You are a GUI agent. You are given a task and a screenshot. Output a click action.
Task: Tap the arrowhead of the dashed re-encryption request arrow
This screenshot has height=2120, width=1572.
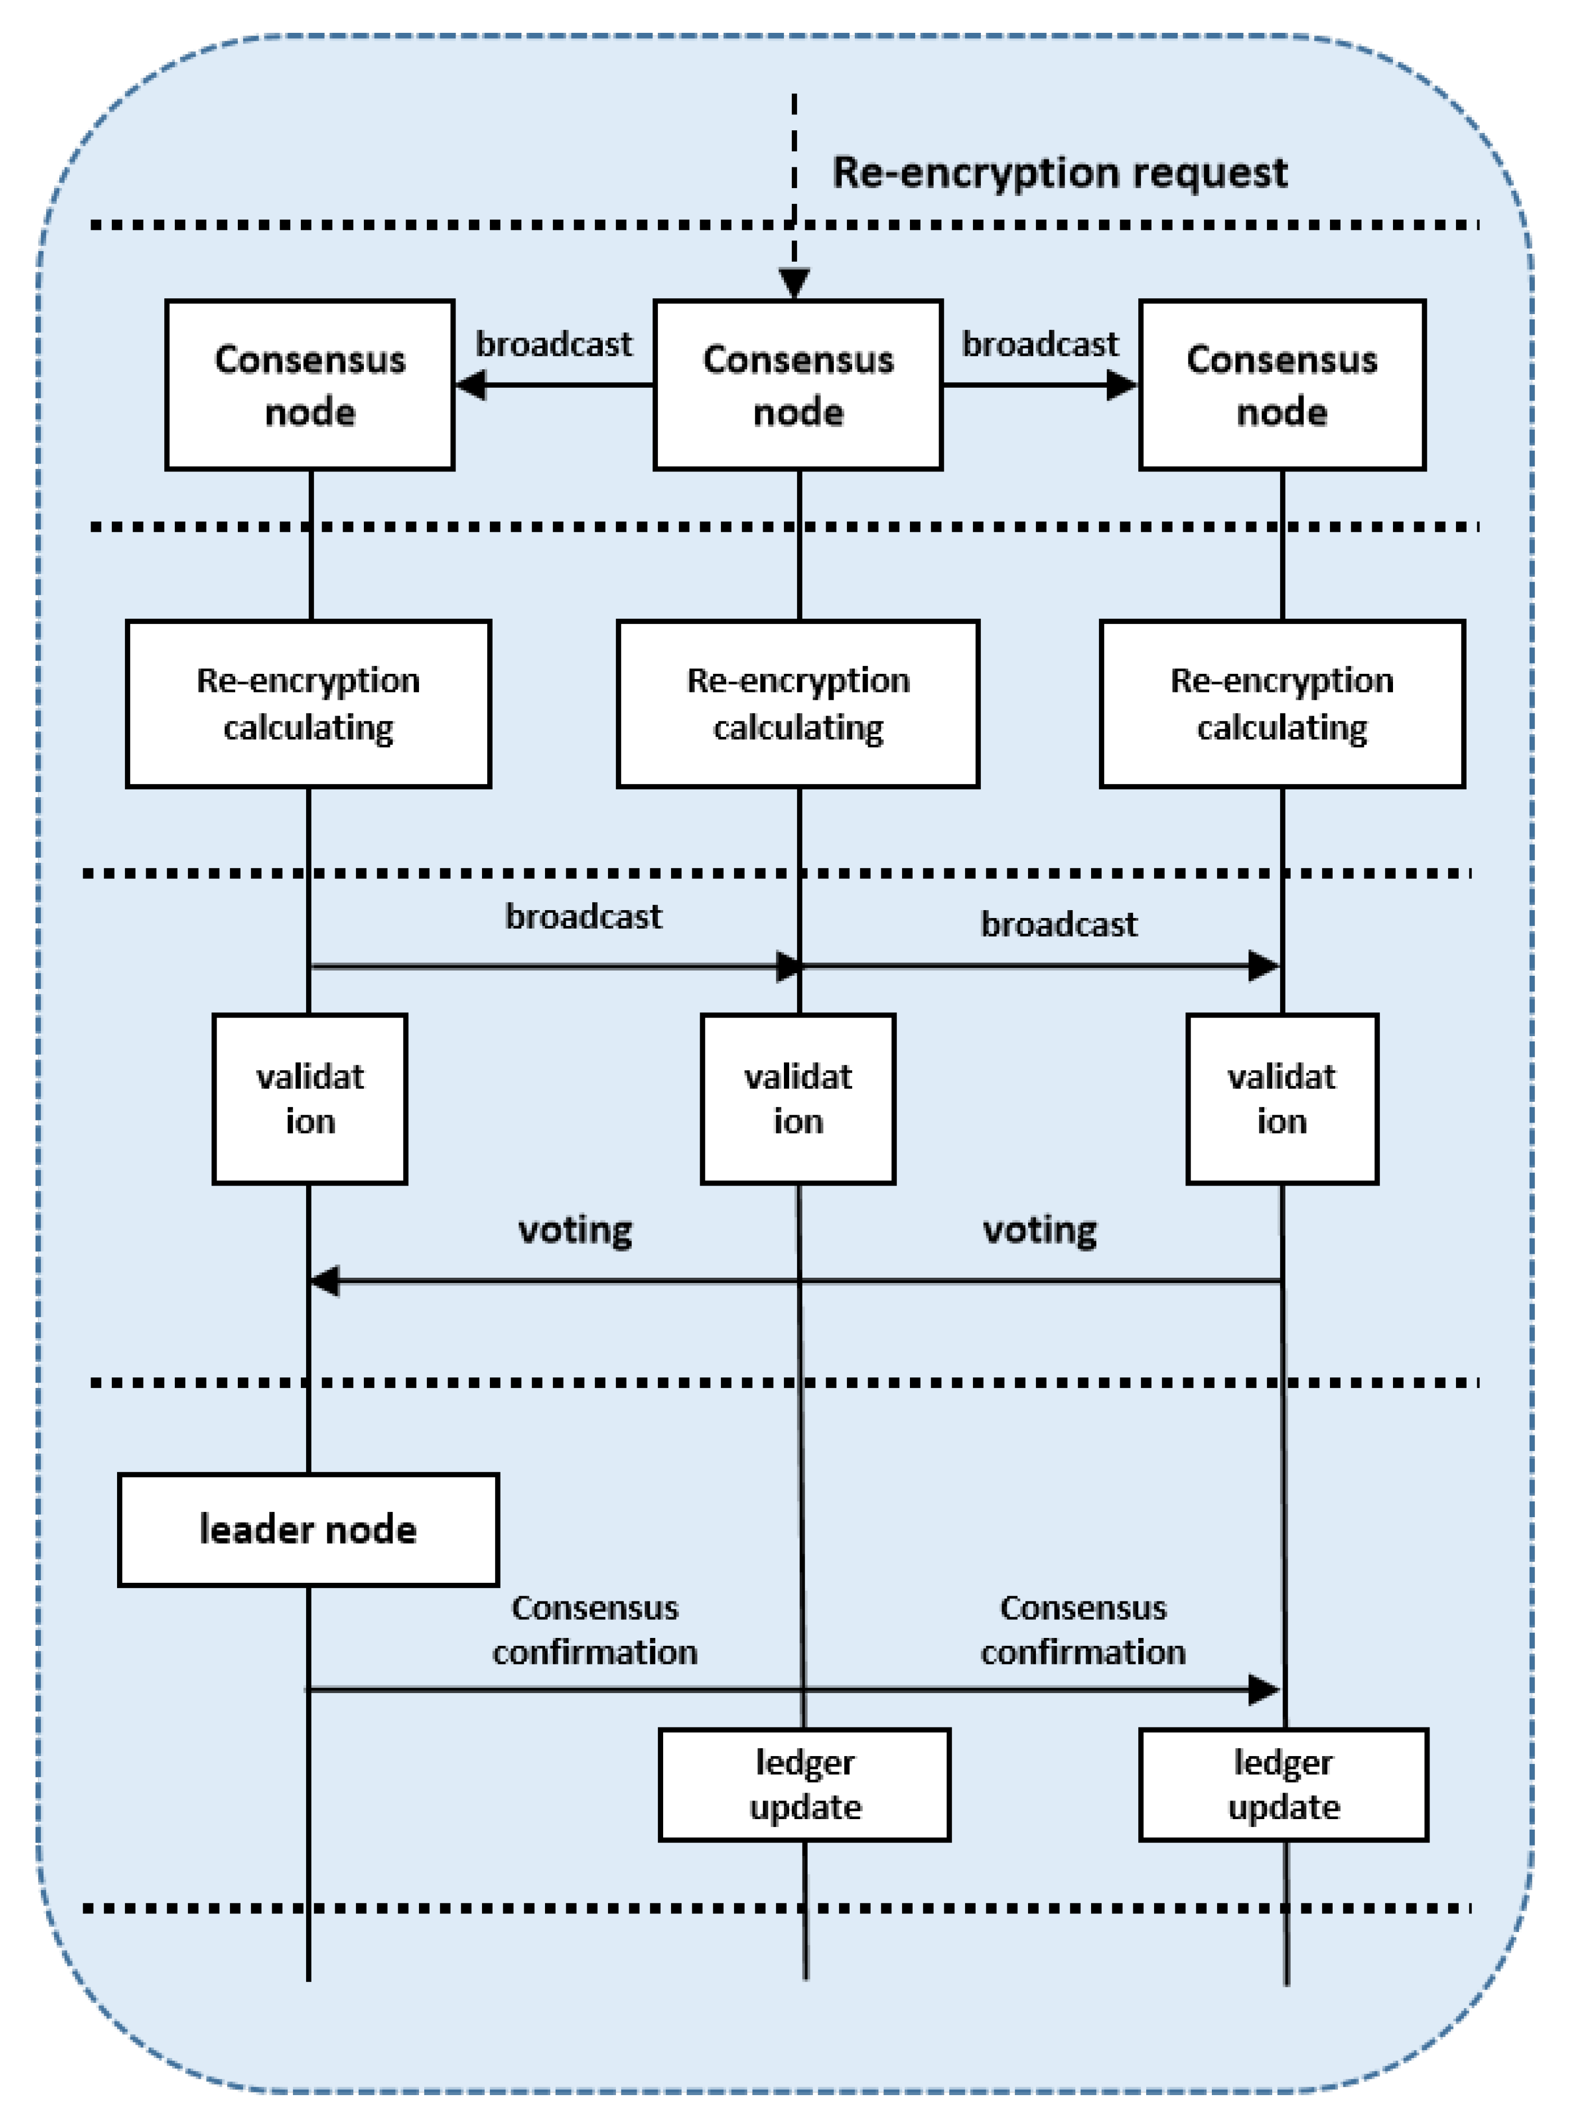coord(793,282)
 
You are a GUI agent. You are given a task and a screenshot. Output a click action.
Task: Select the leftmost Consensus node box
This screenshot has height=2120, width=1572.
coord(309,385)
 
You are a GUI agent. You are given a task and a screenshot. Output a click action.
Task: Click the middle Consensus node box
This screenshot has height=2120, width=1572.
coord(798,385)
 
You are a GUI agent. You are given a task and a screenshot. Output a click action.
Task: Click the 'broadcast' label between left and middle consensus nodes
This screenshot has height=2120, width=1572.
coord(554,343)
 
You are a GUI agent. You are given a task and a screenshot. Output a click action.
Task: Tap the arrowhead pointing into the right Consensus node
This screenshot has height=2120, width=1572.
coord(1123,385)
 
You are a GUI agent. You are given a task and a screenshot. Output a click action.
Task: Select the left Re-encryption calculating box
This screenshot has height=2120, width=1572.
coord(308,704)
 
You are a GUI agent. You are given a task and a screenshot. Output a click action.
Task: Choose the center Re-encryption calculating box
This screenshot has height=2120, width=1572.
coord(798,704)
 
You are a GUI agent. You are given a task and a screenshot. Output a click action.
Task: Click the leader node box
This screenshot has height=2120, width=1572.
coord(308,1529)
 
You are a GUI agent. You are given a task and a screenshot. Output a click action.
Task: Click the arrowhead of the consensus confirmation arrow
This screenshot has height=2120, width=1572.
coord(1264,1690)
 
